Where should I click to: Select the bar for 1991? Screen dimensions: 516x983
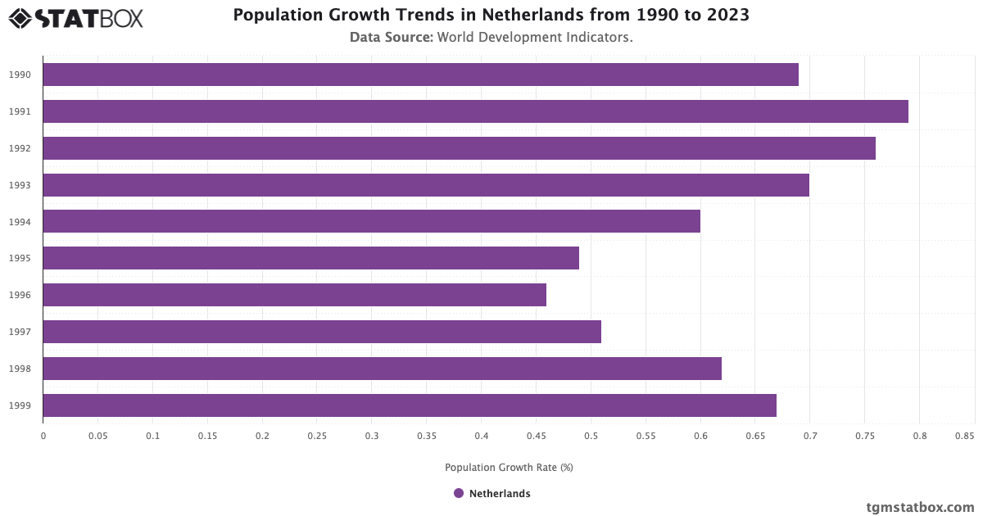475,111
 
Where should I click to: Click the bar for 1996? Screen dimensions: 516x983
294,295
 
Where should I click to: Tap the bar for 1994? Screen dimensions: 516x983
371,221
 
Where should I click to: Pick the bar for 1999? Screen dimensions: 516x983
410,405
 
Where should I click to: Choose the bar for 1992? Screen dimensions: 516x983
459,148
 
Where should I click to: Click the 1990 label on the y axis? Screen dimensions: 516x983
20,75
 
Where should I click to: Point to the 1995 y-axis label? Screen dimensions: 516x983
20,258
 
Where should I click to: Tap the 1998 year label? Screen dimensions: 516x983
20,369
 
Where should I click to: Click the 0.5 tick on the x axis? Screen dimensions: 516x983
591,437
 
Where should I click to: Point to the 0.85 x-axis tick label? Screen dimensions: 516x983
963,437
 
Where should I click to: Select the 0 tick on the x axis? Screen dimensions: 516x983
43,437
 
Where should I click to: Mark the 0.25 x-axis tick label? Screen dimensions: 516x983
317,437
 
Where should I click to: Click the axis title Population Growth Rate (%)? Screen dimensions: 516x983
509,468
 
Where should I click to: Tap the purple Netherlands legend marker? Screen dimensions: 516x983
459,493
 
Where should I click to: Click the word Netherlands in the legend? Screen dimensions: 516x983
500,494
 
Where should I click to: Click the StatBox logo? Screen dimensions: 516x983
76,17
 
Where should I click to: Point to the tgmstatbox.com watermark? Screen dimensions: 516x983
921,508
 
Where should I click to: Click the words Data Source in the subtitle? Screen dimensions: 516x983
391,37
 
